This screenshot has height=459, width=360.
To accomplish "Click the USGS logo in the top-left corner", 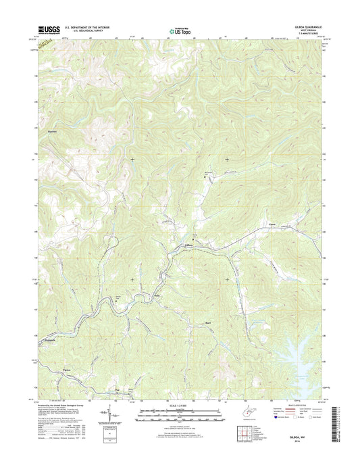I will (x=43, y=29).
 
